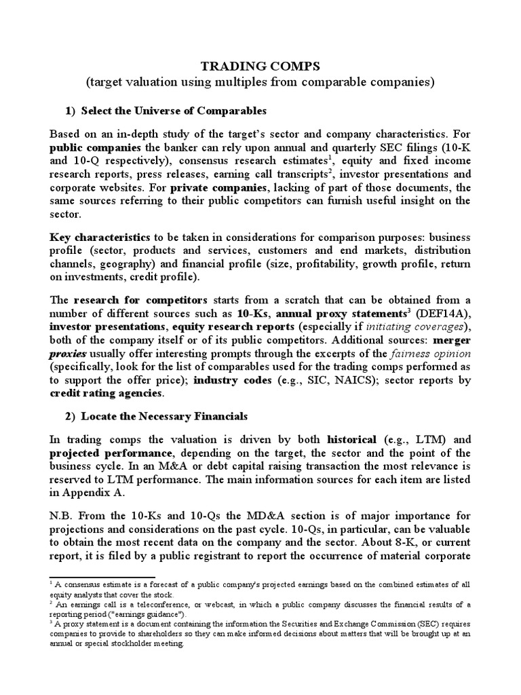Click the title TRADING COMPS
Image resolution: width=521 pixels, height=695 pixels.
[x=260, y=67]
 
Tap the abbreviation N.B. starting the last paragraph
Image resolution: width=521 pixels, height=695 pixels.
[x=63, y=517]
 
